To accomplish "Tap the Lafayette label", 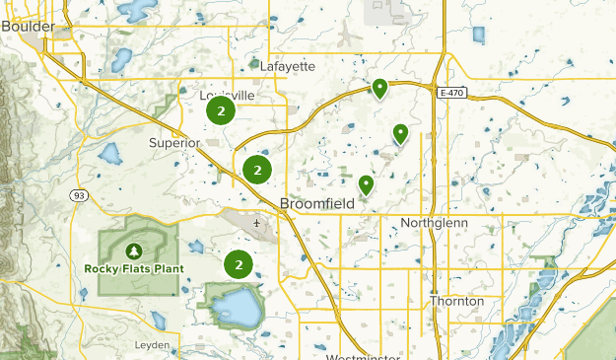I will click(x=288, y=66).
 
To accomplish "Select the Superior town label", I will click(x=174, y=143).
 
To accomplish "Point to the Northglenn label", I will click(x=435, y=223).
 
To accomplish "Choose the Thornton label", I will click(x=456, y=301).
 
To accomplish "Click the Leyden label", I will click(x=153, y=346).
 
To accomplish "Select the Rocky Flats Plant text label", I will click(x=133, y=267).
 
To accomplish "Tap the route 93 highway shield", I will click(x=78, y=195).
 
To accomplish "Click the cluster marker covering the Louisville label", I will click(x=220, y=111).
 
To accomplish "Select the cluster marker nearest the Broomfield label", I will click(x=257, y=171).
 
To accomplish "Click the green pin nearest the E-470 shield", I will click(x=379, y=89).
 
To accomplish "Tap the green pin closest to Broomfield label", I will click(x=366, y=183).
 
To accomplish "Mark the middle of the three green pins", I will click(x=400, y=132).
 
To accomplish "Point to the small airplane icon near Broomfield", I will click(x=256, y=223).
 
